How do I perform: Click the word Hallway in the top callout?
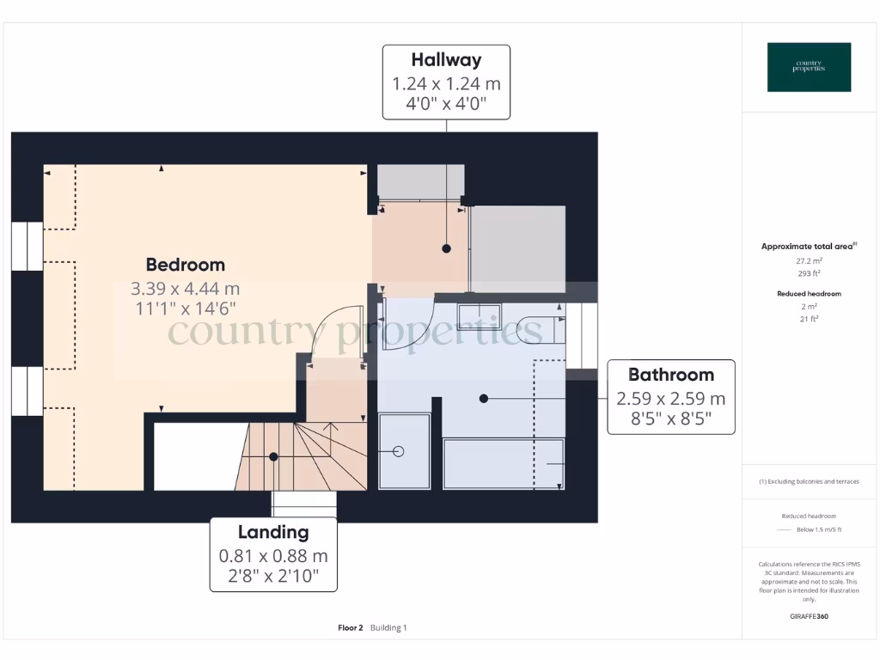tap(446, 60)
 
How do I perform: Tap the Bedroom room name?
tap(185, 265)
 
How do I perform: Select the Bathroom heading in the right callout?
tap(670, 375)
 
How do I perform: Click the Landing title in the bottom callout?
tap(273, 532)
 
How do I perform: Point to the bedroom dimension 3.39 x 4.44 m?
tap(185, 288)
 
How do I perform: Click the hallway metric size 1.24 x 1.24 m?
tap(446, 83)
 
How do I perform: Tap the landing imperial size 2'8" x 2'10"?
tap(273, 577)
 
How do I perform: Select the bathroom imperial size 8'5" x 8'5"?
tap(670, 421)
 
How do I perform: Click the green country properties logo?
tap(809, 67)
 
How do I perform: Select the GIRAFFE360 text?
tap(809, 616)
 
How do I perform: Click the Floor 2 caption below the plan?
tap(351, 628)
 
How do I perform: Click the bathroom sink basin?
tap(479, 317)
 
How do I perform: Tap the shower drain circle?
tap(398, 451)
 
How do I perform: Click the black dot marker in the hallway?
tap(446, 248)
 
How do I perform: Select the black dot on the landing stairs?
tap(273, 457)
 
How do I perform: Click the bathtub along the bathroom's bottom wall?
tap(503, 464)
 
